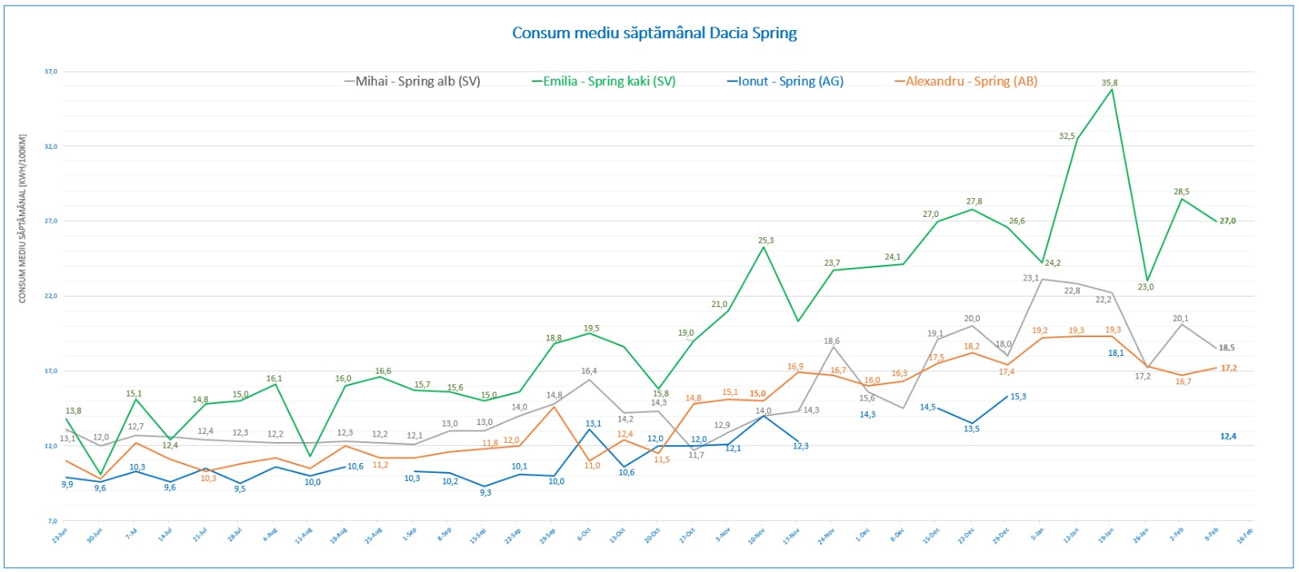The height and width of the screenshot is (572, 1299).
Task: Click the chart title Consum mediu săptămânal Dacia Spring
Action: coord(654,33)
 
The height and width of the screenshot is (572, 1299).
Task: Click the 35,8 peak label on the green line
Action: coord(1109,83)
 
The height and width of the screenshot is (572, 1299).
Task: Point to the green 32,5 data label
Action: coord(1067,136)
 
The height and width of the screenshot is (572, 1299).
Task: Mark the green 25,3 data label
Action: coord(766,240)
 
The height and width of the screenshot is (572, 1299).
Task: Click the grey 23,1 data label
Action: coord(1031,278)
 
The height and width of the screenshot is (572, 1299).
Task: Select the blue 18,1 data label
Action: coord(1116,353)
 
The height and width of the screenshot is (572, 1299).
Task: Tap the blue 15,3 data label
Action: coord(1018,396)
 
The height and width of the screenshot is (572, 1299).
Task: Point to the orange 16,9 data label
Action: coord(795,366)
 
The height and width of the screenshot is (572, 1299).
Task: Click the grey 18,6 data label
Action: coord(831,341)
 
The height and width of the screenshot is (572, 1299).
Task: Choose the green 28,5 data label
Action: coord(1181,192)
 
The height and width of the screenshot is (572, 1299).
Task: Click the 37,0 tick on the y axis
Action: coord(50,71)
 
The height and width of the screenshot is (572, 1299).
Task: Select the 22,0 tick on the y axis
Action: coord(50,296)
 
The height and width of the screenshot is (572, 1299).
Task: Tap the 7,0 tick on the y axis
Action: coord(52,521)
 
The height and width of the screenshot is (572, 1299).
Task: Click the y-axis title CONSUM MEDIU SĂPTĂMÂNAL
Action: coord(23,218)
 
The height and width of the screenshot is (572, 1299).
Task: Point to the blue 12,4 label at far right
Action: coord(1228,436)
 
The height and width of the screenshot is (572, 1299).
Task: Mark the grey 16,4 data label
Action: coord(589,371)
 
